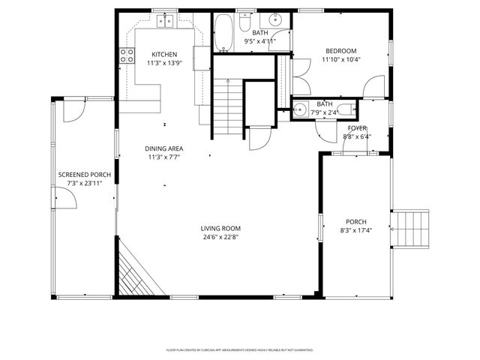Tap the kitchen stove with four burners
pos(127,55)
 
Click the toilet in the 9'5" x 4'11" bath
pos(246,24)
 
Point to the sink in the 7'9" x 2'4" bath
pos(301,109)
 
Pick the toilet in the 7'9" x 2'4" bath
pos(349,109)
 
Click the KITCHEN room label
pos(164,54)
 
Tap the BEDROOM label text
pos(341,51)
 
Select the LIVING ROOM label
pos(220,229)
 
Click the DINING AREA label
pos(164,148)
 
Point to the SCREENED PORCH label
pos(85,175)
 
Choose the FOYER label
pos(356,128)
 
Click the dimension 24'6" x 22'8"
pos(220,238)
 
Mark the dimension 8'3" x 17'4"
pos(355,230)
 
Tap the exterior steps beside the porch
pos(411,228)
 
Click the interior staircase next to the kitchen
pos(228,105)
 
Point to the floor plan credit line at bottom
pos(239,349)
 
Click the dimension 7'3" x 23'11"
pos(85,184)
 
